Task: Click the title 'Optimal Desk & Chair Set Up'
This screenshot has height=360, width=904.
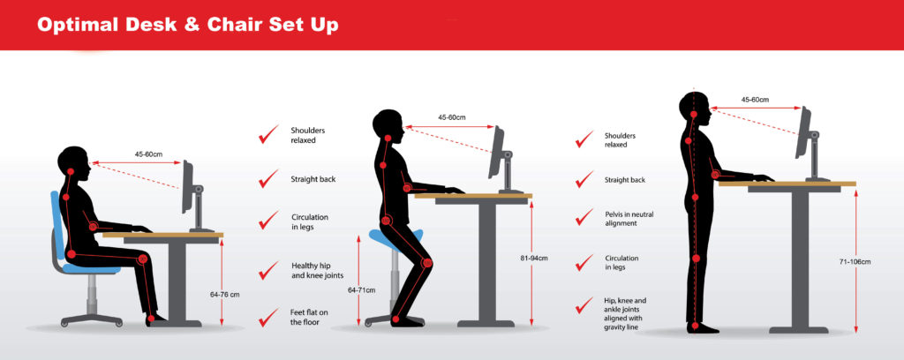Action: [x=187, y=25]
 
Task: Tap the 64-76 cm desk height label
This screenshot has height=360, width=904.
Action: [x=225, y=295]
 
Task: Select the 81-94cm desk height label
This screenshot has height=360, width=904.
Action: [x=534, y=258]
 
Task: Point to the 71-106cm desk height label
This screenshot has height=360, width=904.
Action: [x=855, y=261]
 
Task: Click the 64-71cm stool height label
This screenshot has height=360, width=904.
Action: [x=361, y=289]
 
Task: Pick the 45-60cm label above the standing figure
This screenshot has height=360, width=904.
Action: [x=756, y=100]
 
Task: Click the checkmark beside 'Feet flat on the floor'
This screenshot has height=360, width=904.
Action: [x=268, y=317]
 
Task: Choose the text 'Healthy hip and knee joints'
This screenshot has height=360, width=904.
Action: [x=317, y=271]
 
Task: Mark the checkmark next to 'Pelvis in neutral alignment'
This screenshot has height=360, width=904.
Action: [x=584, y=217]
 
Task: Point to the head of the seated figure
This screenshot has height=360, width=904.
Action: [x=74, y=163]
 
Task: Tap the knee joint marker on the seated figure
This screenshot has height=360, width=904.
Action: [x=142, y=259]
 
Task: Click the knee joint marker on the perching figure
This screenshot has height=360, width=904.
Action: [x=427, y=263]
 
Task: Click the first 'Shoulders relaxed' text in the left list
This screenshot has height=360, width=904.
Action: [x=304, y=135]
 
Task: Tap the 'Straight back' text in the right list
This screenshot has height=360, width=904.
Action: [x=624, y=180]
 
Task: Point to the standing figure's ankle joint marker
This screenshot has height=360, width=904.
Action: [x=696, y=326]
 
